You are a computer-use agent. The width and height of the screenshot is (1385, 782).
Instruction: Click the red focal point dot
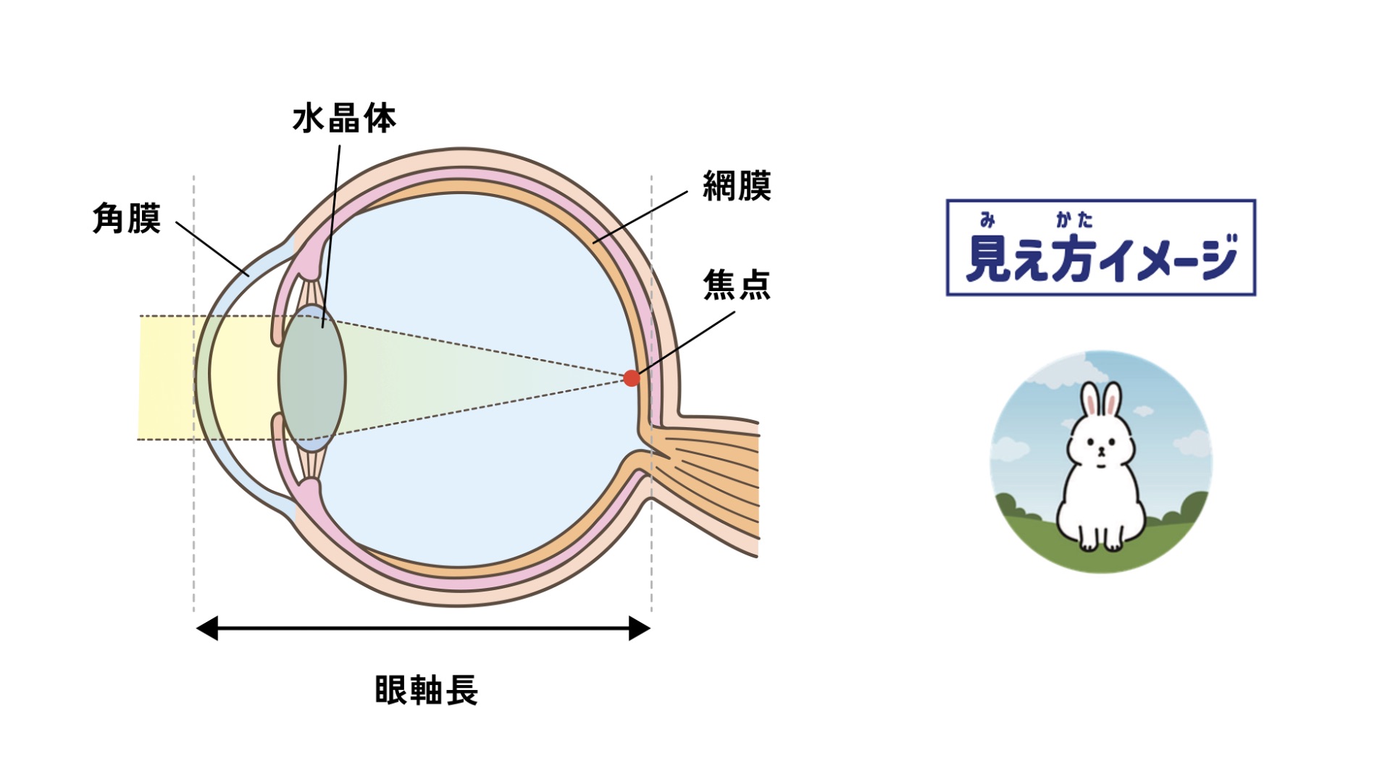click(632, 378)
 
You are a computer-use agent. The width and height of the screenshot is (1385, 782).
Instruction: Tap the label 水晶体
click(344, 119)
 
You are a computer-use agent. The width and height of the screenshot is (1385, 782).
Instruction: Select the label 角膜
click(127, 219)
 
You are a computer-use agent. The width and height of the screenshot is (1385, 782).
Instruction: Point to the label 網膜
click(737, 186)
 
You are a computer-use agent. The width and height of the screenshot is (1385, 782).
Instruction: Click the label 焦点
click(737, 285)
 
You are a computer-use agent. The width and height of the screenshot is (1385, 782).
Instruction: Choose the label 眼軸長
click(426, 690)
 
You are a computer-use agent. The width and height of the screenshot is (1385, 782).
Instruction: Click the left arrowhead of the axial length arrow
click(207, 628)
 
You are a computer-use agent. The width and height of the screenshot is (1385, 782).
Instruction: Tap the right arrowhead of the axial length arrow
click(639, 628)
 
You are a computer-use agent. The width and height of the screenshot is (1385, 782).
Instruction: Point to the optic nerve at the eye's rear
click(717, 478)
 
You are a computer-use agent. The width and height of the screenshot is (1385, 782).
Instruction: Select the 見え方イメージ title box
click(1100, 248)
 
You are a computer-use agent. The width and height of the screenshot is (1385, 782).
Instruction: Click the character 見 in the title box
click(988, 258)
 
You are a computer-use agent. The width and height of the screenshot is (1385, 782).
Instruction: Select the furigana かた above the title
click(1074, 219)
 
